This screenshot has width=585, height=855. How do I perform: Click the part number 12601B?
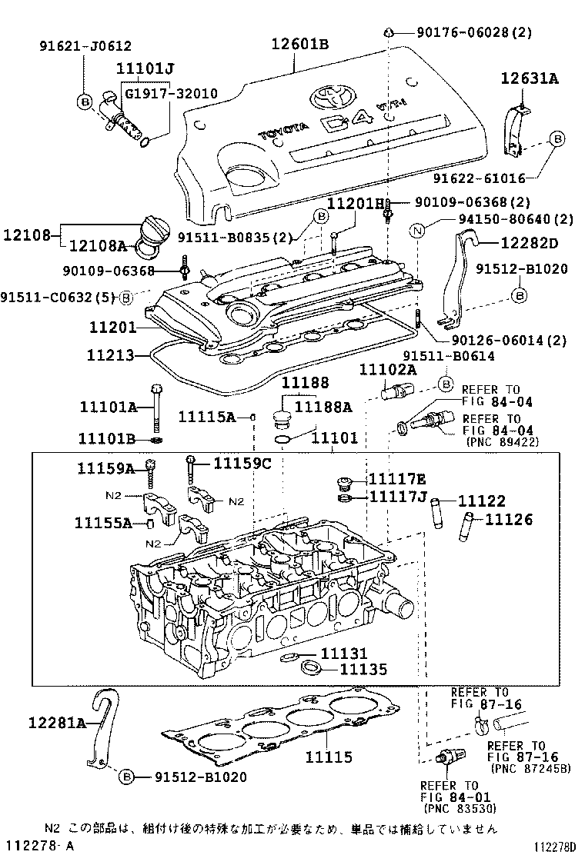299,44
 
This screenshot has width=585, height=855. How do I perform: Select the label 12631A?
529,78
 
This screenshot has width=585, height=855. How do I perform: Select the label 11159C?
242,463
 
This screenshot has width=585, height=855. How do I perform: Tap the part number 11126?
508,520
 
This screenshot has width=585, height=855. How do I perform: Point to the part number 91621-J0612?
85,46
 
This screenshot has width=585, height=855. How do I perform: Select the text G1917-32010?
171,94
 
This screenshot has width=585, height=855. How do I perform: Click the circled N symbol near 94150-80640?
417,230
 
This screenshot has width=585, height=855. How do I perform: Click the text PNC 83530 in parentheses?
460,808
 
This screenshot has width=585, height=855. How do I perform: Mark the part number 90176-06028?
476,32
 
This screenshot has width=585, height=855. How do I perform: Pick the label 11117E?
396,478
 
